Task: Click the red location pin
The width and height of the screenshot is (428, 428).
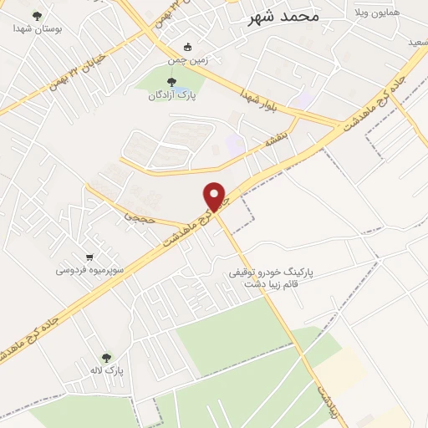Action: (x=216, y=196)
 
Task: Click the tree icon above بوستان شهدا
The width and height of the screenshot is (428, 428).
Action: (x=35, y=15)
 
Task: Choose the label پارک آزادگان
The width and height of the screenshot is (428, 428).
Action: (x=172, y=95)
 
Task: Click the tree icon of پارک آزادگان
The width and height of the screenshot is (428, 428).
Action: (x=172, y=82)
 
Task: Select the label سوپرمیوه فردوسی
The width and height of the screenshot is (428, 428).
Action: (x=90, y=270)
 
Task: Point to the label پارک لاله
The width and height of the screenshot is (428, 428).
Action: (x=106, y=370)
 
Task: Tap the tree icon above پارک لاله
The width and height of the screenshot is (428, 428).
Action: (x=105, y=357)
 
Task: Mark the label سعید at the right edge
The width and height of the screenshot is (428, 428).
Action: (x=417, y=40)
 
